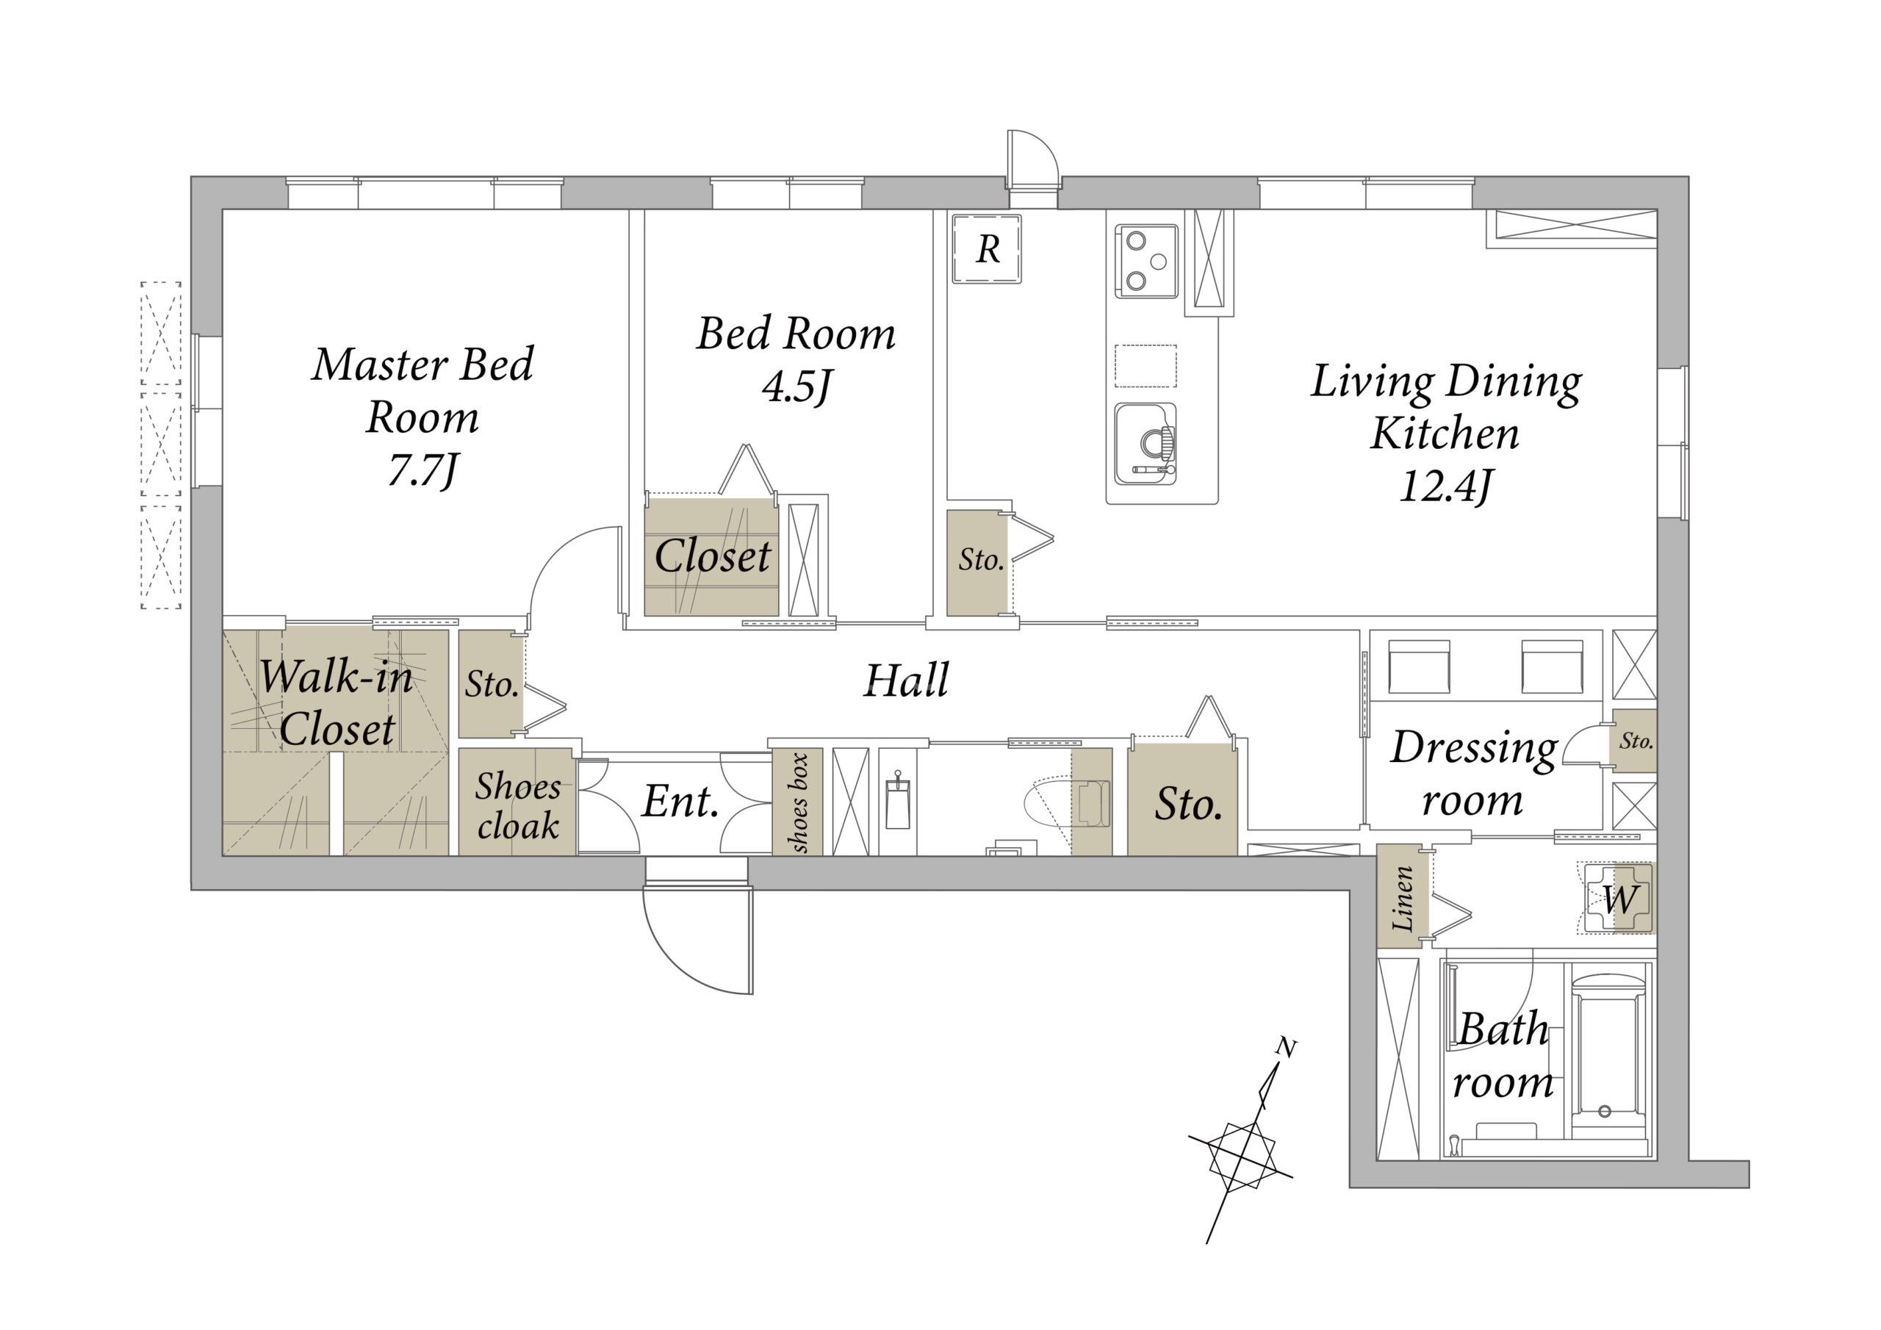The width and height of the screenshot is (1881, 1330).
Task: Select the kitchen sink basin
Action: [x=1145, y=443]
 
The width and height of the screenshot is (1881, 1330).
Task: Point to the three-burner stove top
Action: [x=1146, y=262]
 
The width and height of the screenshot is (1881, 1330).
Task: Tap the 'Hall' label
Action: [x=906, y=681]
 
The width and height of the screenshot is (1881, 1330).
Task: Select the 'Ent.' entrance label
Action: [x=680, y=802]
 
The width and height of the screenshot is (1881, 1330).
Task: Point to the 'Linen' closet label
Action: [x=1403, y=898]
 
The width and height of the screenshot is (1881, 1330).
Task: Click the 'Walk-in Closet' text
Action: [x=336, y=702]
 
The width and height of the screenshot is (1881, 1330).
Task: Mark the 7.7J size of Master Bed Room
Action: [x=422, y=471]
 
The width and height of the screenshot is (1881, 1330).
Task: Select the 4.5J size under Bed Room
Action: [x=796, y=389]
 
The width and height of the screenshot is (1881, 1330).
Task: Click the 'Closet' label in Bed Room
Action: [x=712, y=556]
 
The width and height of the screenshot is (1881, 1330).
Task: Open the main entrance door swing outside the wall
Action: [x=698, y=938]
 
